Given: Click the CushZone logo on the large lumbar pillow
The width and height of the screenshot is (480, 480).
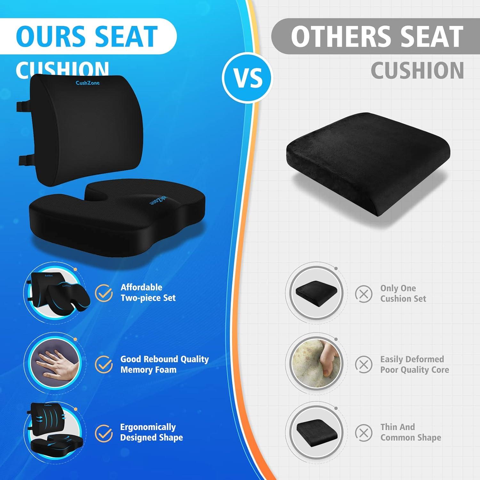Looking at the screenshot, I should (87, 83).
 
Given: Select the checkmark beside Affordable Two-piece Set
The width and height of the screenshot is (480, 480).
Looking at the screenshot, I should (104, 293).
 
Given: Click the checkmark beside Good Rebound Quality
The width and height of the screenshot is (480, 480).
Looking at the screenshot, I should (104, 364).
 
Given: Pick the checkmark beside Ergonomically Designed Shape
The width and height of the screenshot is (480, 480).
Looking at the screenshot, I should (104, 433).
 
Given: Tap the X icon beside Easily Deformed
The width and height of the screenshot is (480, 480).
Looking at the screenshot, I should (364, 364).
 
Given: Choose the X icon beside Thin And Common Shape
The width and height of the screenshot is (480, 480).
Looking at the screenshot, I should (364, 433).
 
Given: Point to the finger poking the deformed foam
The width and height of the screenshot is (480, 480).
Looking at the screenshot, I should (328, 362).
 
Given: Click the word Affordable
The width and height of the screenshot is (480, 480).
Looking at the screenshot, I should (141, 287).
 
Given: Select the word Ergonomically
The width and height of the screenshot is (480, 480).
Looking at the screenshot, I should (148, 427).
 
